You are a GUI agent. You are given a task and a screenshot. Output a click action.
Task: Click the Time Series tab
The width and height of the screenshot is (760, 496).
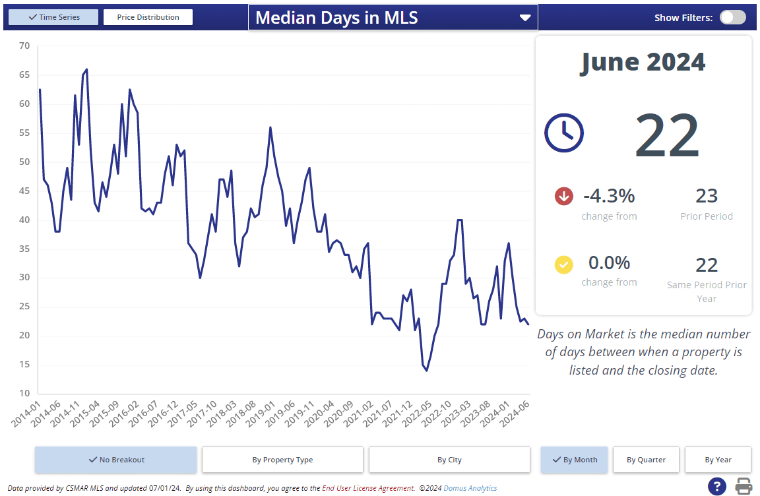(x=53, y=17)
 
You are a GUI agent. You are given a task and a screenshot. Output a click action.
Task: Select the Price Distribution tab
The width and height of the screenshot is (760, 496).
(x=148, y=17)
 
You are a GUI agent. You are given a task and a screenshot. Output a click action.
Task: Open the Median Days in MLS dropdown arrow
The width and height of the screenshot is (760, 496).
(x=525, y=18)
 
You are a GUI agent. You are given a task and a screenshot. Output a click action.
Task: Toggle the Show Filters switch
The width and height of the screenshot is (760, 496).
(x=732, y=17)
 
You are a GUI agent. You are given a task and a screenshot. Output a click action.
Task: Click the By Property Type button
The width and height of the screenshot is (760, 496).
(x=282, y=460)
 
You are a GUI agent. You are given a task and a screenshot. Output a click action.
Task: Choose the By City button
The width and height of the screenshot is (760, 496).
(x=449, y=460)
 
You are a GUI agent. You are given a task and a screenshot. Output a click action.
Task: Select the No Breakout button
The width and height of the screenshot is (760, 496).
(x=115, y=460)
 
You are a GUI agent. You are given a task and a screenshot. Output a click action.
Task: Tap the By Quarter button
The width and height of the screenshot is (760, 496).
(x=646, y=460)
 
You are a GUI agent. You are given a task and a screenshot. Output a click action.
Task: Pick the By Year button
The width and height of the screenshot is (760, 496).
(x=718, y=460)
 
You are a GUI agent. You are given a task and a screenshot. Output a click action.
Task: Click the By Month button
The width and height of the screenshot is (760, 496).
(x=574, y=460)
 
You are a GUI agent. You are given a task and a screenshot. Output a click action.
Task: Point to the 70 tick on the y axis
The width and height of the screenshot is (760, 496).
(x=24, y=46)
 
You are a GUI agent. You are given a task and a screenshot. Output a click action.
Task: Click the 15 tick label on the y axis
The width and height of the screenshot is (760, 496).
(x=24, y=365)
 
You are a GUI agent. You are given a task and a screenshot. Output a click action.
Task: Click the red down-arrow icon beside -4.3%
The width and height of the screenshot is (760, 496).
(x=564, y=196)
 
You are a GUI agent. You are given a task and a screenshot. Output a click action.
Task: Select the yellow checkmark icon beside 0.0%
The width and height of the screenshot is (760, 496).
(x=564, y=264)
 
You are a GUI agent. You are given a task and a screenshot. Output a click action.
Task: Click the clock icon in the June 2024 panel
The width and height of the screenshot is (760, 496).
(x=563, y=133)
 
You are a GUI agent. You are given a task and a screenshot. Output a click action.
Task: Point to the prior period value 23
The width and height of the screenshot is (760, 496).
(x=707, y=196)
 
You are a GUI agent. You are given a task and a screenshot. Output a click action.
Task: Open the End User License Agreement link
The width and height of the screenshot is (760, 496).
(x=368, y=488)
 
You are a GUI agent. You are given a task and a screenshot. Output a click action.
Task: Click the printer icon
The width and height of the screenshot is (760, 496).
(x=744, y=487)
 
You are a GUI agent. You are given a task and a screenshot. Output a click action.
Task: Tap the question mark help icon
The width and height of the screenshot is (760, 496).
(x=717, y=487)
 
